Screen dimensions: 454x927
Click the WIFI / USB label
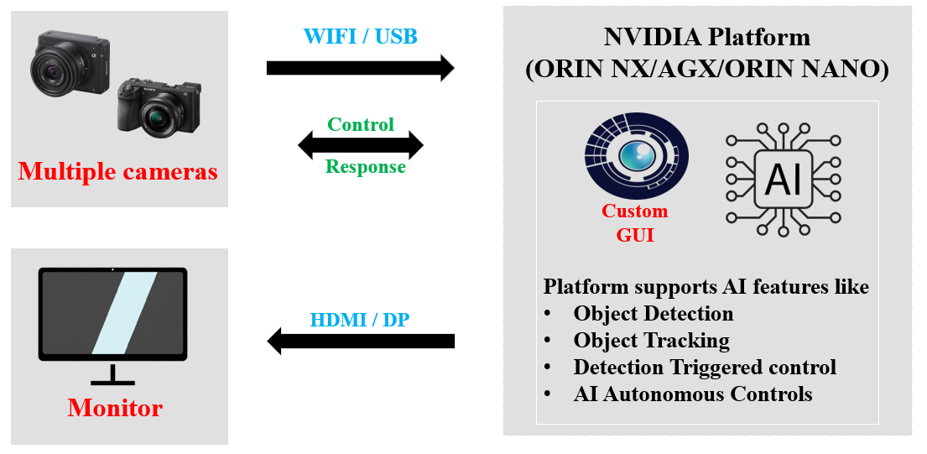pyautogui.click(x=359, y=37)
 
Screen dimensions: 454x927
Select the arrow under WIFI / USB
pyautogui.click(x=359, y=67)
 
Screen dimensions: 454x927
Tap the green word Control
pyautogui.click(x=361, y=125)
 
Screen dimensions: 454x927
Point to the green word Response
pyautogui.click(x=365, y=166)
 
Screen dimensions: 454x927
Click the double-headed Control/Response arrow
pyautogui.click(x=361, y=146)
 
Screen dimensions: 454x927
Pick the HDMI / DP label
pyautogui.click(x=360, y=320)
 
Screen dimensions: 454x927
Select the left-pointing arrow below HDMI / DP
pyautogui.click(x=361, y=341)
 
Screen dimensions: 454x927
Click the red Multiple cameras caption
pyautogui.click(x=118, y=172)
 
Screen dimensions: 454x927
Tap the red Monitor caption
pyautogui.click(x=115, y=409)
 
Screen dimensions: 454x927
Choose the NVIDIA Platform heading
pyautogui.click(x=706, y=38)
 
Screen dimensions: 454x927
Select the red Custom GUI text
pyautogui.click(x=635, y=223)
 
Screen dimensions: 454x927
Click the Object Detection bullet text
pyautogui.click(x=654, y=314)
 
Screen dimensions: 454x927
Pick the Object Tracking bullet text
pyautogui.click(x=651, y=341)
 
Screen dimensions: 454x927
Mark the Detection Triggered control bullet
pyautogui.click(x=705, y=368)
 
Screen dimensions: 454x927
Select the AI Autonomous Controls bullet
pyautogui.click(x=693, y=394)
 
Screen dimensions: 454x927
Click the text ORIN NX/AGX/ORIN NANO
pyautogui.click(x=706, y=70)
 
